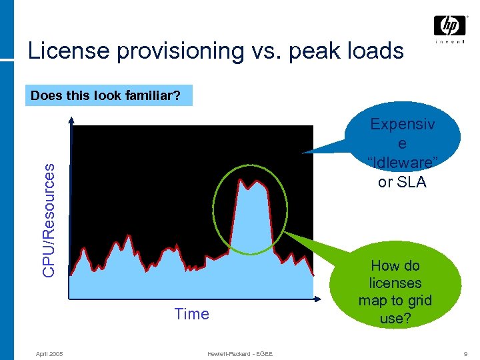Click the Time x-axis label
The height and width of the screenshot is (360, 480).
pyautogui.click(x=191, y=314)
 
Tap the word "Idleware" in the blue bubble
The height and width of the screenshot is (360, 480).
pyautogui.click(x=402, y=163)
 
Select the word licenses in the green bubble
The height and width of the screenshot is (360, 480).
pyautogui.click(x=395, y=283)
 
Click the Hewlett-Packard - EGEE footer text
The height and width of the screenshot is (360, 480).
pyautogui.click(x=239, y=353)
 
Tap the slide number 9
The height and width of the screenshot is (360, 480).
pyautogui.click(x=464, y=353)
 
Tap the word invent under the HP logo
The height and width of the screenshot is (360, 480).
pyautogui.click(x=450, y=42)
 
